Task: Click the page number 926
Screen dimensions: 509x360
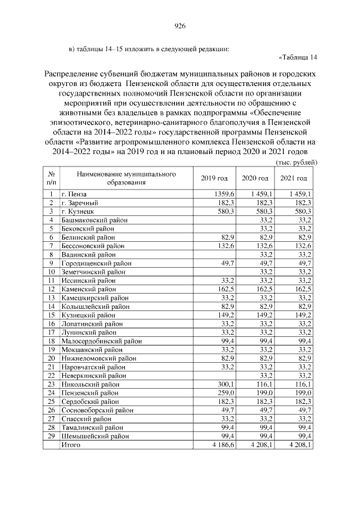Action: click(180, 25)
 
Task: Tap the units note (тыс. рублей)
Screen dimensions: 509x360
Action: click(296, 162)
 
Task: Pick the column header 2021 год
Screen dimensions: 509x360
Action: click(294, 178)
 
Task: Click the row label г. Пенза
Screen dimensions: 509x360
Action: click(74, 193)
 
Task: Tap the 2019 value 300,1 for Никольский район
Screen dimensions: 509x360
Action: click(219, 384)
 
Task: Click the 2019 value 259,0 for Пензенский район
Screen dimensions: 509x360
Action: click(219, 393)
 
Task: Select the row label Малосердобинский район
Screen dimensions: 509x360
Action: click(101, 341)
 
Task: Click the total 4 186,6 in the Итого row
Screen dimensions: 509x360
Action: click(215, 445)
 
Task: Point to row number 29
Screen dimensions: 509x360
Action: click(51, 436)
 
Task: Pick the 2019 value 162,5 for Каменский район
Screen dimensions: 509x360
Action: click(219, 289)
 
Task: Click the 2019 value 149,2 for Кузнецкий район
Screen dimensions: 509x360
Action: click(219, 315)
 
